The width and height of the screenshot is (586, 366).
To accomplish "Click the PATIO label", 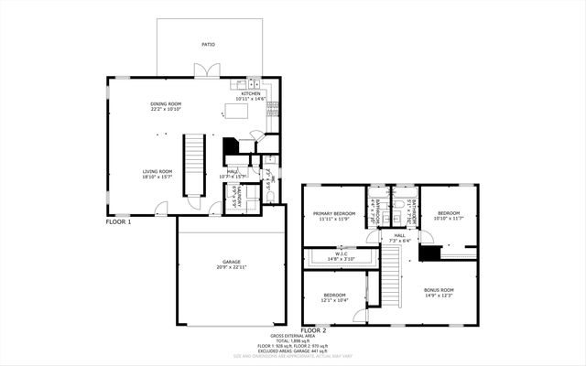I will click(209, 43).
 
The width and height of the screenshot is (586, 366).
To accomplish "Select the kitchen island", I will click(237, 112).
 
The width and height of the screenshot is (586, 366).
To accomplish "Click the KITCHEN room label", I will click(251, 93).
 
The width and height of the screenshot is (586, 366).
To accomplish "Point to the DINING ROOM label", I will click(166, 104).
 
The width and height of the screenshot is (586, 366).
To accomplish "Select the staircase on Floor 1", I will click(194, 164).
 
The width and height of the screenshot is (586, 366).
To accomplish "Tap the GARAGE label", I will click(231, 262).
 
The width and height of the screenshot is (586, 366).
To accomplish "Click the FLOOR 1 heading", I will click(119, 222).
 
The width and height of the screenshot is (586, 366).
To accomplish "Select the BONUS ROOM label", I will click(439, 290).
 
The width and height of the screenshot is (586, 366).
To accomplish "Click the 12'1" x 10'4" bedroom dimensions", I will click(333, 300).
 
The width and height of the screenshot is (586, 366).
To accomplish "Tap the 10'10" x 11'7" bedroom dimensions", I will click(448, 219).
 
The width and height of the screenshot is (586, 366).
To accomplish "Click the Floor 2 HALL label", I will click(400, 236).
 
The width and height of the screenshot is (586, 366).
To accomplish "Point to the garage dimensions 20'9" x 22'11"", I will click(231, 268).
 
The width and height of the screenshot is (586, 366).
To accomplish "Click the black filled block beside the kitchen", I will click(231, 145).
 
